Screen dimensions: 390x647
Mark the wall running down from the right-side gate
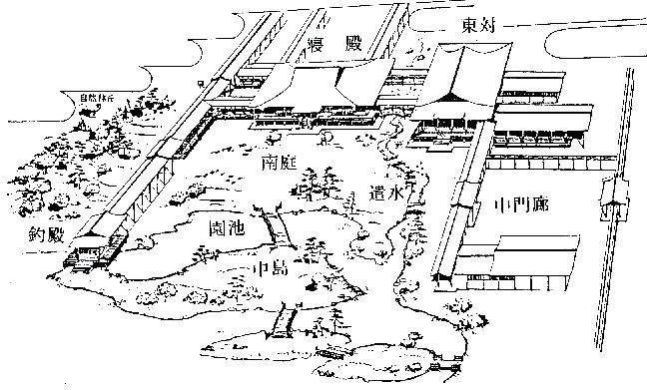click(x=618, y=289)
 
